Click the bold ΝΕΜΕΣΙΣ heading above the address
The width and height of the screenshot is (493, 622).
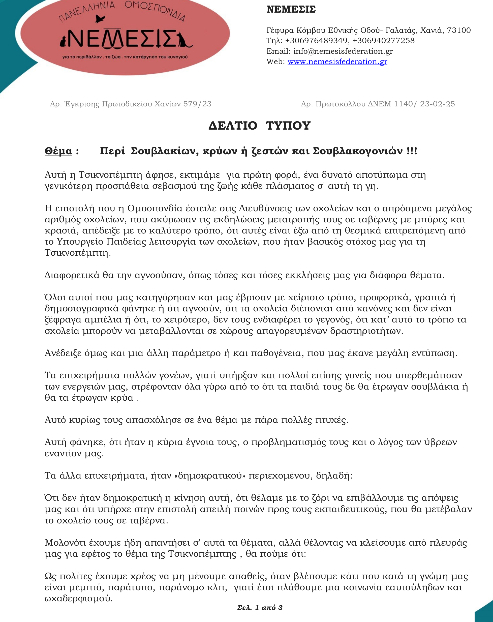[291, 9]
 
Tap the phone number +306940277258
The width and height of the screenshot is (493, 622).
[383, 40]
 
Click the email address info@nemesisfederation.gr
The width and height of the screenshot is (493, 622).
[343, 51]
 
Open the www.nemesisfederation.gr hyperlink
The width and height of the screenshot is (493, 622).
[337, 62]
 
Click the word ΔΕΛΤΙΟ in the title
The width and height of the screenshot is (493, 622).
[232, 126]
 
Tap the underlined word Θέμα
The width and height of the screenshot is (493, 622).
[58, 151]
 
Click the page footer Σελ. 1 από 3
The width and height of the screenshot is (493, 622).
[260, 607]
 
